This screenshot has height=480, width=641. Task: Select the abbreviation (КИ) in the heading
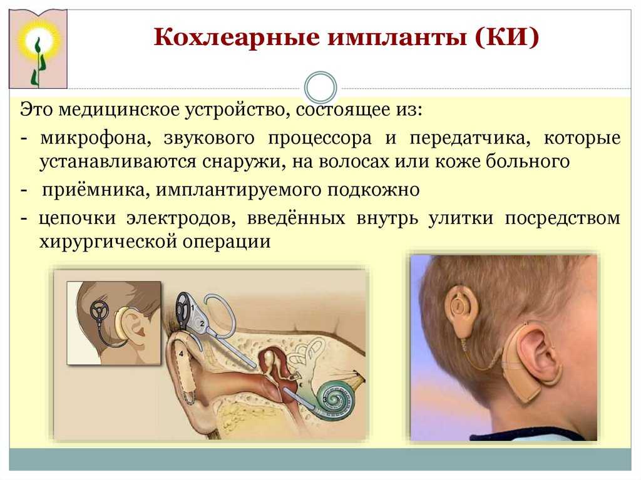[x=507, y=37]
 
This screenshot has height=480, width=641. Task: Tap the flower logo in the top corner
[x=38, y=49]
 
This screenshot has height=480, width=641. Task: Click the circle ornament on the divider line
[x=321, y=88]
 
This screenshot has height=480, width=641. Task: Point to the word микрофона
[x=96, y=138]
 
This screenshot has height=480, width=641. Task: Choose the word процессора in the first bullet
[x=320, y=138]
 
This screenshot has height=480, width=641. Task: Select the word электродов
[x=181, y=218]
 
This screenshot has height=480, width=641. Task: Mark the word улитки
[x=461, y=218]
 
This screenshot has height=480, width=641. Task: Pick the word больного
[x=528, y=161]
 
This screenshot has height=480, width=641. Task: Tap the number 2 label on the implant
[x=202, y=323]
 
